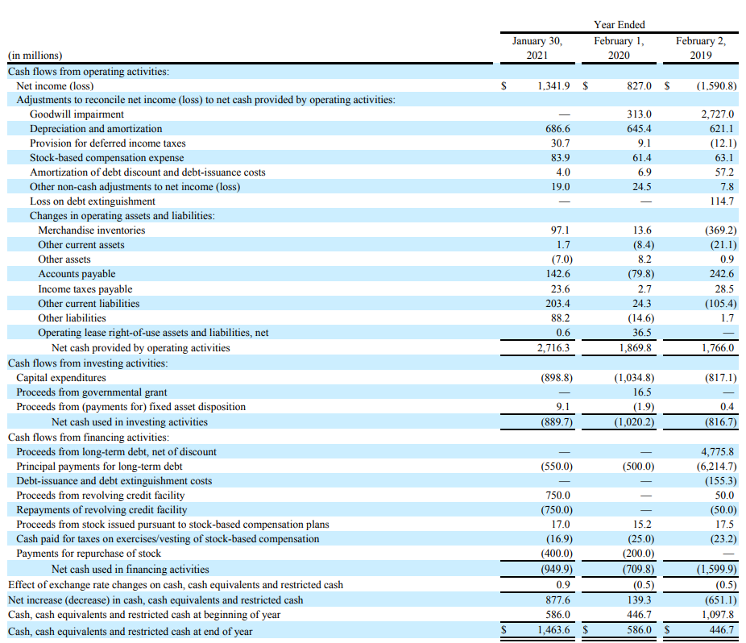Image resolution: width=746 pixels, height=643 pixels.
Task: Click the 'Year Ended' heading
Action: [619, 25]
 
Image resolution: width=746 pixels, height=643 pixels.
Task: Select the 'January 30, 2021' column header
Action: [537, 48]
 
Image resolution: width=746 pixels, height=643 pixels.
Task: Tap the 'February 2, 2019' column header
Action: [701, 48]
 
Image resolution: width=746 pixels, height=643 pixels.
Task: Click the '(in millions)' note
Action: [35, 56]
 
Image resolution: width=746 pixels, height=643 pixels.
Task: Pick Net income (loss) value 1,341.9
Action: [553, 85]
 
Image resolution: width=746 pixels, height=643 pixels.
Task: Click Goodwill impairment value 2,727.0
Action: [718, 114]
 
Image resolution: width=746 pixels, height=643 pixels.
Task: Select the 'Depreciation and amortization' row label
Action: [96, 129]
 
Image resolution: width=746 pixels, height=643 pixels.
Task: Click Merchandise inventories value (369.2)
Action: [716, 230]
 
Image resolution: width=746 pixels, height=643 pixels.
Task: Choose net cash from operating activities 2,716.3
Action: [553, 348]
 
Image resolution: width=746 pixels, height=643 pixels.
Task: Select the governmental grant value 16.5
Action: [644, 392]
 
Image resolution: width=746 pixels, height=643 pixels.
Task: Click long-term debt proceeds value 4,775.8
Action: [718, 452]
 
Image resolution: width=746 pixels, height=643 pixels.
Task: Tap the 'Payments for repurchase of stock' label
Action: [89, 554]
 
